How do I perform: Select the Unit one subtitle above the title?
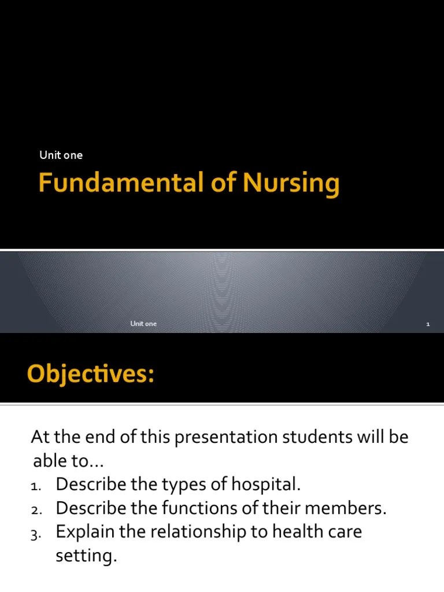pyautogui.click(x=61, y=155)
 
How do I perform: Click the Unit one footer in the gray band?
pyautogui.click(x=143, y=324)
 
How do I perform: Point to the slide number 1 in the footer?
pyautogui.click(x=428, y=324)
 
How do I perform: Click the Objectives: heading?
pyautogui.click(x=91, y=374)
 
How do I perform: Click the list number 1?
pyautogui.click(x=35, y=487)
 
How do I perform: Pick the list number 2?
pyautogui.click(x=35, y=510)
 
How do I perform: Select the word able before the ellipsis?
pyautogui.click(x=48, y=462)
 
